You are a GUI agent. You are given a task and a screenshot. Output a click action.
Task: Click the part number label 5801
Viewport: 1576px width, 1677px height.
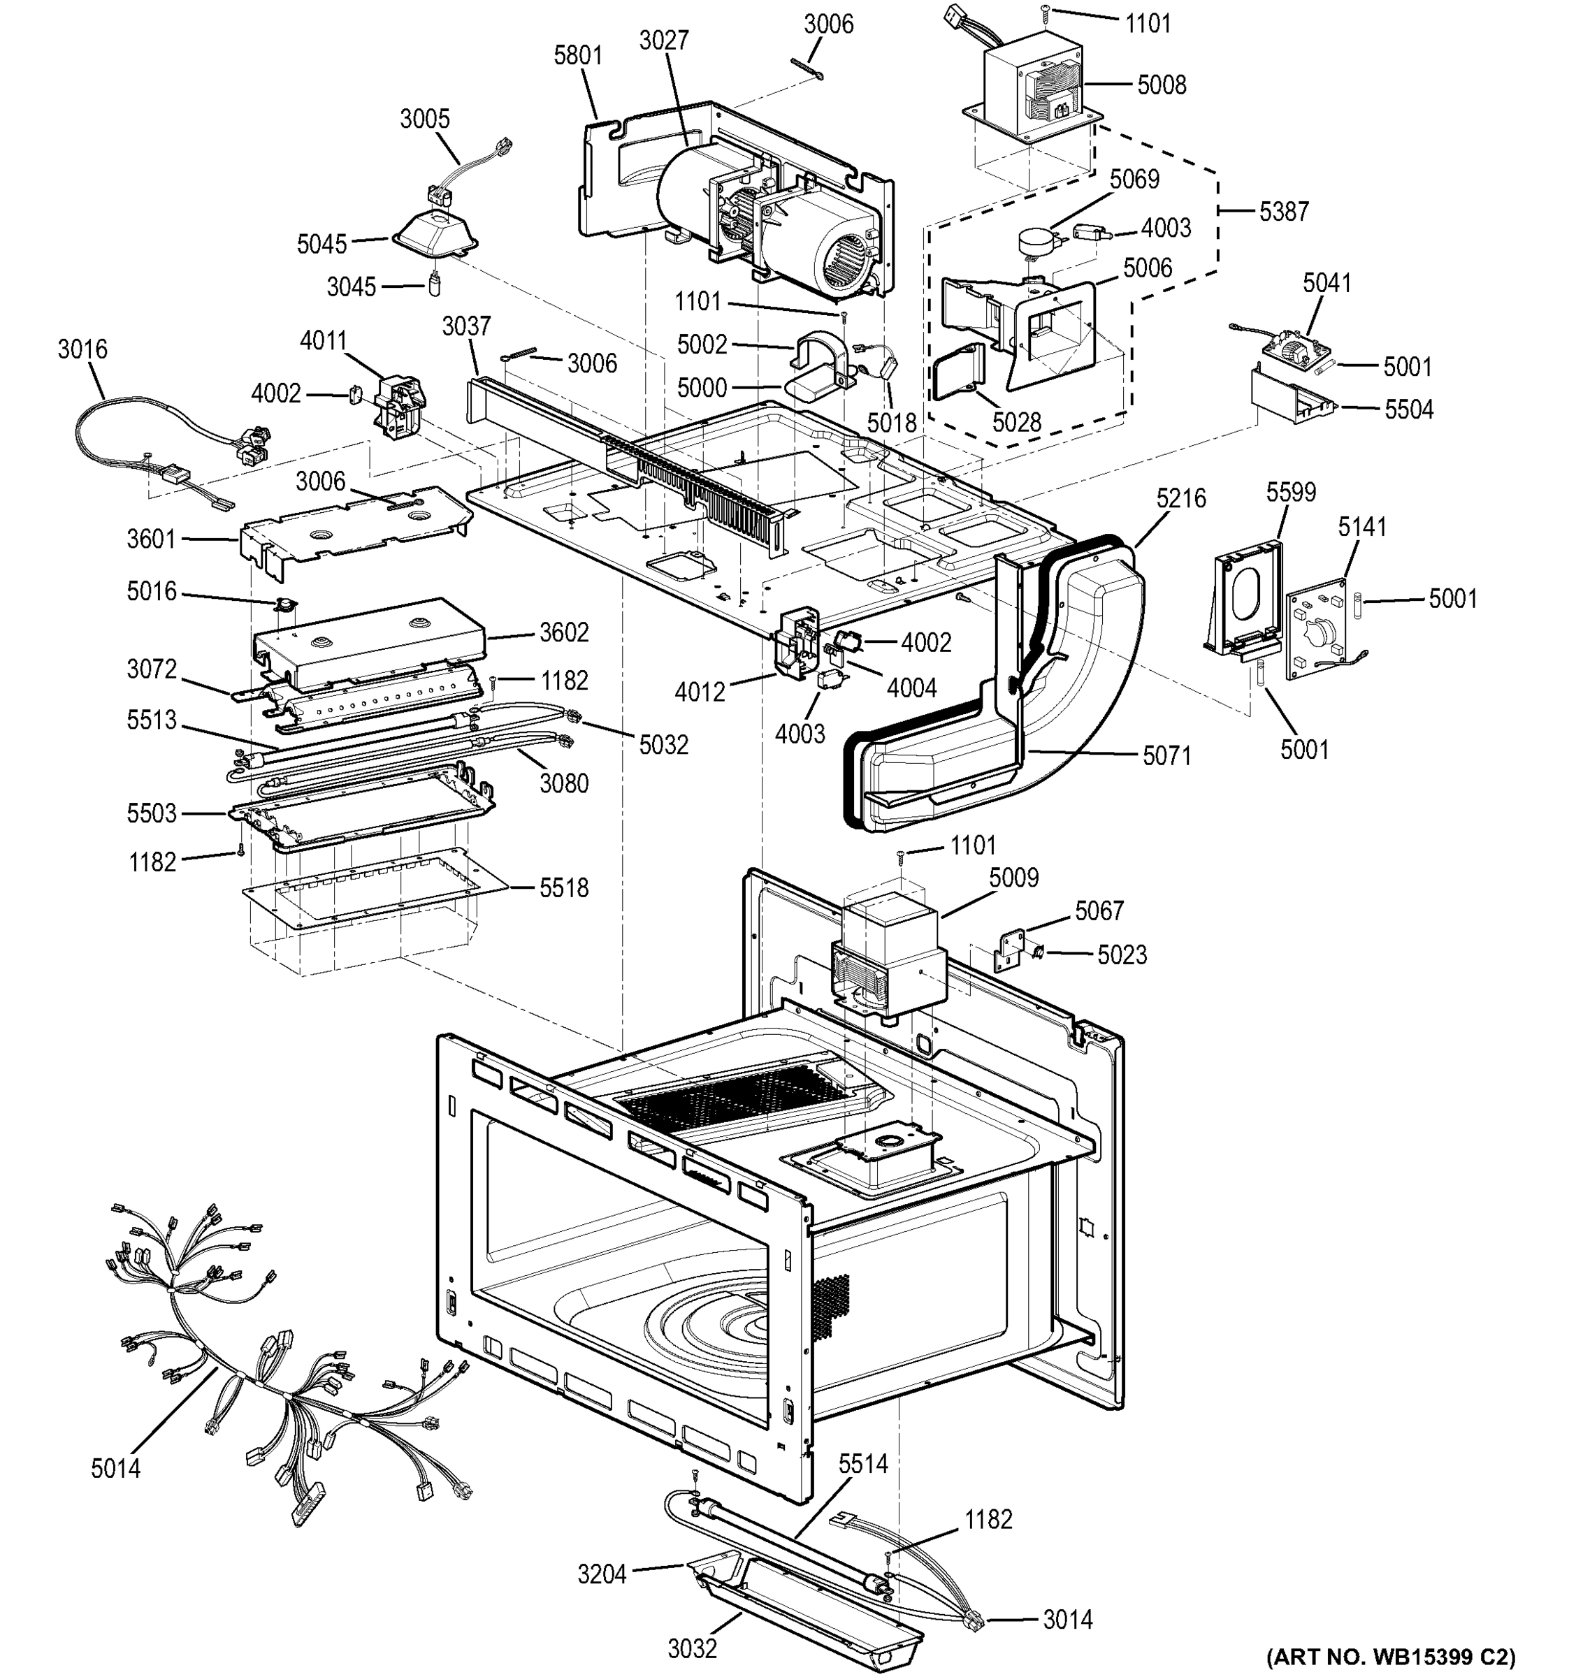click(x=578, y=56)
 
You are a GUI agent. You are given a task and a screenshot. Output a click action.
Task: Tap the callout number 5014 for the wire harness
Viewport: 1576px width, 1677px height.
click(x=115, y=1469)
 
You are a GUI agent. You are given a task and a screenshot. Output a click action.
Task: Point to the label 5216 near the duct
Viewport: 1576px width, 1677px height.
click(x=1180, y=498)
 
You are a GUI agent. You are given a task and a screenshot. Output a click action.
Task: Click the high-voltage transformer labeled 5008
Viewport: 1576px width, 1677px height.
click(x=1034, y=89)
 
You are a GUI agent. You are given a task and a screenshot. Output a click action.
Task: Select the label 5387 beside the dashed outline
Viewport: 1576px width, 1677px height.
click(x=1283, y=211)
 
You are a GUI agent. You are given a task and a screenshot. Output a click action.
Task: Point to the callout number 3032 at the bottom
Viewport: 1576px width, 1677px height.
click(x=692, y=1648)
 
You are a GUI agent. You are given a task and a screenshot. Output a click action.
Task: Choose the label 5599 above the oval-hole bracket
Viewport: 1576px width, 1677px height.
click(x=1290, y=492)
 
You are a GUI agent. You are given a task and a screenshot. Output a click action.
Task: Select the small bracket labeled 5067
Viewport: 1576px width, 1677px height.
click(x=1011, y=948)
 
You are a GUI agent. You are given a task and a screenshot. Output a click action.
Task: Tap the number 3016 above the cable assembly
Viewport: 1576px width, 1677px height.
click(x=82, y=349)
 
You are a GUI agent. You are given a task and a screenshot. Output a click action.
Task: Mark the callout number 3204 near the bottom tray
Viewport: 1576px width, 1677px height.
click(x=602, y=1574)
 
